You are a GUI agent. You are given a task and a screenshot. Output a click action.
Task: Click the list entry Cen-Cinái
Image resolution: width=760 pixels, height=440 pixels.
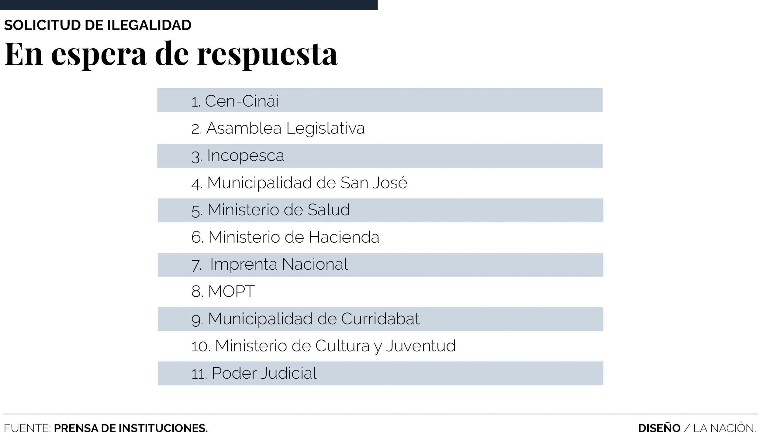coord(241,101)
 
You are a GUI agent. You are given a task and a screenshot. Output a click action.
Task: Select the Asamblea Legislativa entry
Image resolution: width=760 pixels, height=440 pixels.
coord(285,128)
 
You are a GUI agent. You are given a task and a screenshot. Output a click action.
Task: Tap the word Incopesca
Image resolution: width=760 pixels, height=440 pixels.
coord(245,156)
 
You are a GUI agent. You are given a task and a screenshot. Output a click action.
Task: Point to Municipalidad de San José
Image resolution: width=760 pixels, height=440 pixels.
coord(307,183)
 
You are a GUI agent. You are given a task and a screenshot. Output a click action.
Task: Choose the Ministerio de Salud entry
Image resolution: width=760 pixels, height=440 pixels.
coord(278,210)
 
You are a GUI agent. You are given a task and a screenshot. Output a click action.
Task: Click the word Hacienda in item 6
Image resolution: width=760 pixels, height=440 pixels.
coord(344,237)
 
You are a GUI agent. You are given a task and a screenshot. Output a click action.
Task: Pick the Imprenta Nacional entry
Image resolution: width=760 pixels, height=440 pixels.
coord(279,264)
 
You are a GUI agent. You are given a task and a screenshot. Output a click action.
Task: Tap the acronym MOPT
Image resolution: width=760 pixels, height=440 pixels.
coord(231,292)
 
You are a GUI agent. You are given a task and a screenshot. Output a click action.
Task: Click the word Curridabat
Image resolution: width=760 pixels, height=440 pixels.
coord(380,319)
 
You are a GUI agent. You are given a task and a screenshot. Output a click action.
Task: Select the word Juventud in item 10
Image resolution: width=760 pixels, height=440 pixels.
coord(421,346)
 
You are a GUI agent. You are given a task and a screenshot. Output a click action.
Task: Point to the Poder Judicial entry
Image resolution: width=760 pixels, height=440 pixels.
coord(264,373)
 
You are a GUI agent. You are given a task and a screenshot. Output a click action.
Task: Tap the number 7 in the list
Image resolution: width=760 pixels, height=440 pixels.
coord(196,265)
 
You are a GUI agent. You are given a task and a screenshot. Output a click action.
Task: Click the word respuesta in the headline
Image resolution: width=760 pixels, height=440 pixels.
coord(267,55)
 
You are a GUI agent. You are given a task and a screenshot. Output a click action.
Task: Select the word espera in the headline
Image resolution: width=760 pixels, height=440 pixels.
coord(99,55)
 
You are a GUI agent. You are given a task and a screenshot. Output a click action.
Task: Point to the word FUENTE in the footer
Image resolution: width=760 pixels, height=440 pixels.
coord(27,428)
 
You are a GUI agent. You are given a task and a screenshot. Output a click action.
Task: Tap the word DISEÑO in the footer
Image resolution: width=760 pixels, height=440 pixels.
coord(659,428)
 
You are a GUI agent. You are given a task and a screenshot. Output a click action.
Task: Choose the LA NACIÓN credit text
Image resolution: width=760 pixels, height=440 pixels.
coord(724,428)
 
